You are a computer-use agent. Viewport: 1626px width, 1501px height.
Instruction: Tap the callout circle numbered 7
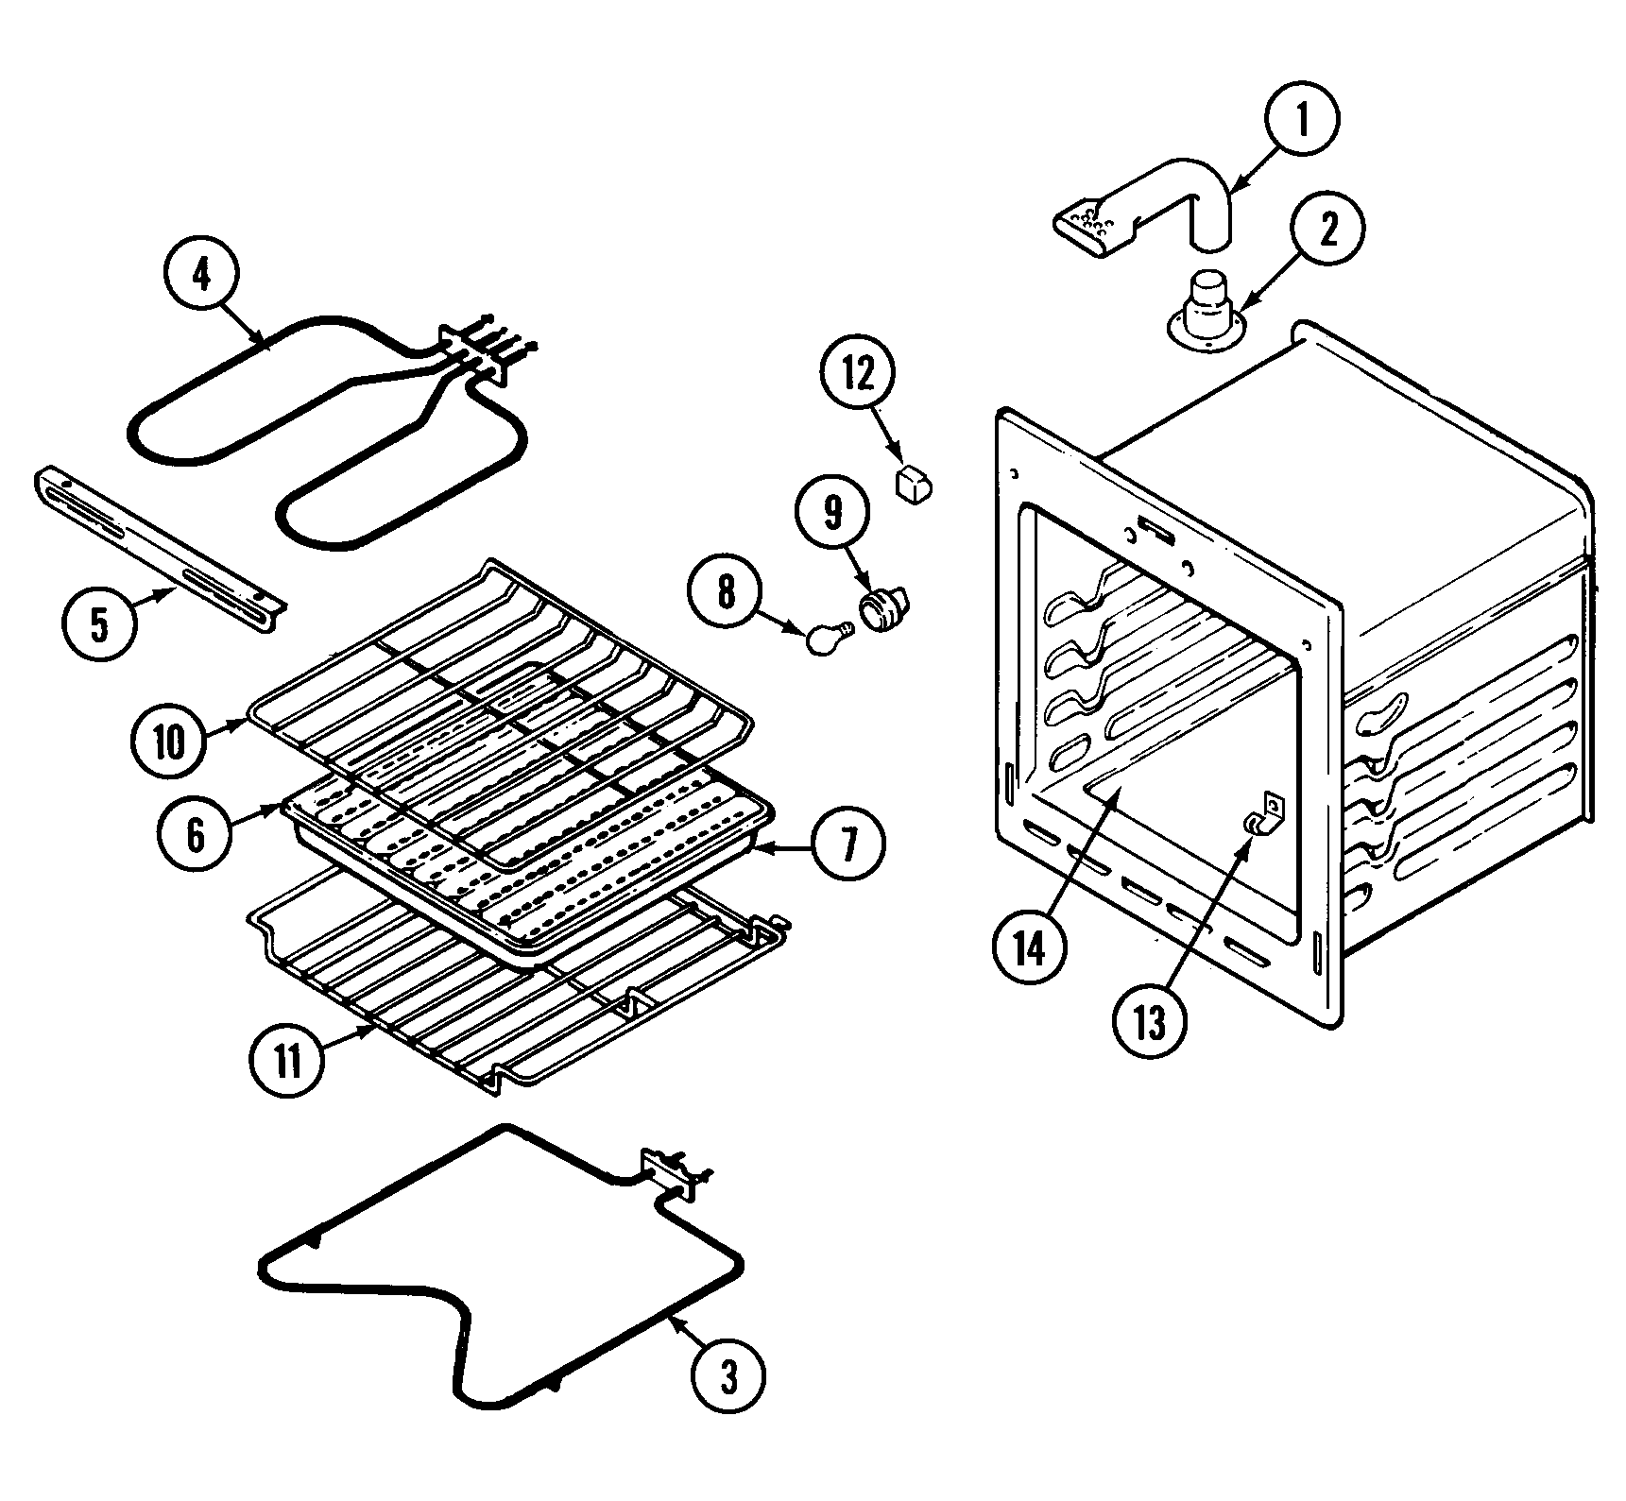click(847, 844)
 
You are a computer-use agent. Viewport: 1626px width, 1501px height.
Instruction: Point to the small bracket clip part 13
click(1262, 815)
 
